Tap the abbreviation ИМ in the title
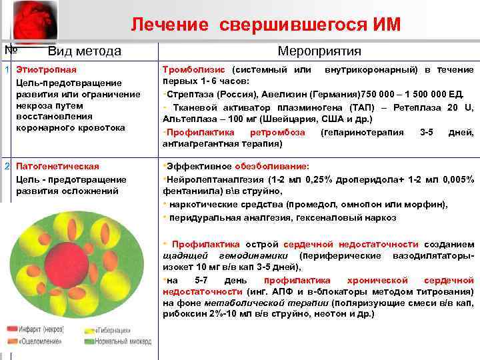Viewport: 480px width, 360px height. pyautogui.click(x=386, y=25)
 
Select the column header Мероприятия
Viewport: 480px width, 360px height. pyautogui.click(x=319, y=51)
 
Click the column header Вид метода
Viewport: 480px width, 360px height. pyautogui.click(x=84, y=51)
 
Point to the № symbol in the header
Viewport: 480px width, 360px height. pyautogui.click(x=10, y=49)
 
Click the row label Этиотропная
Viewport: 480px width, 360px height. pyautogui.click(x=46, y=69)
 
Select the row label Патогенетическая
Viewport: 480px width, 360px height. pyautogui.click(x=57, y=166)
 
